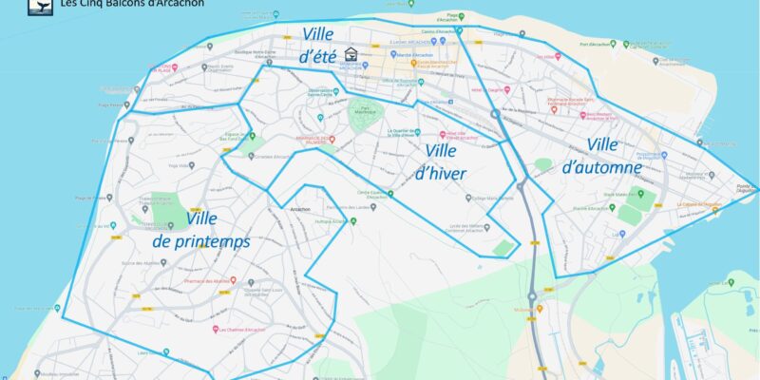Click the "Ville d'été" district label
tap(317, 45)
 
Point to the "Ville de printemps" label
tap(201, 230)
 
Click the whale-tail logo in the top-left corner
tap(41, 5)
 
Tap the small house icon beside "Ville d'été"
tap(351, 54)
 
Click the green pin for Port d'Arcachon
tap(614, 44)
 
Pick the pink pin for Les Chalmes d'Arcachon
tap(217, 330)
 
